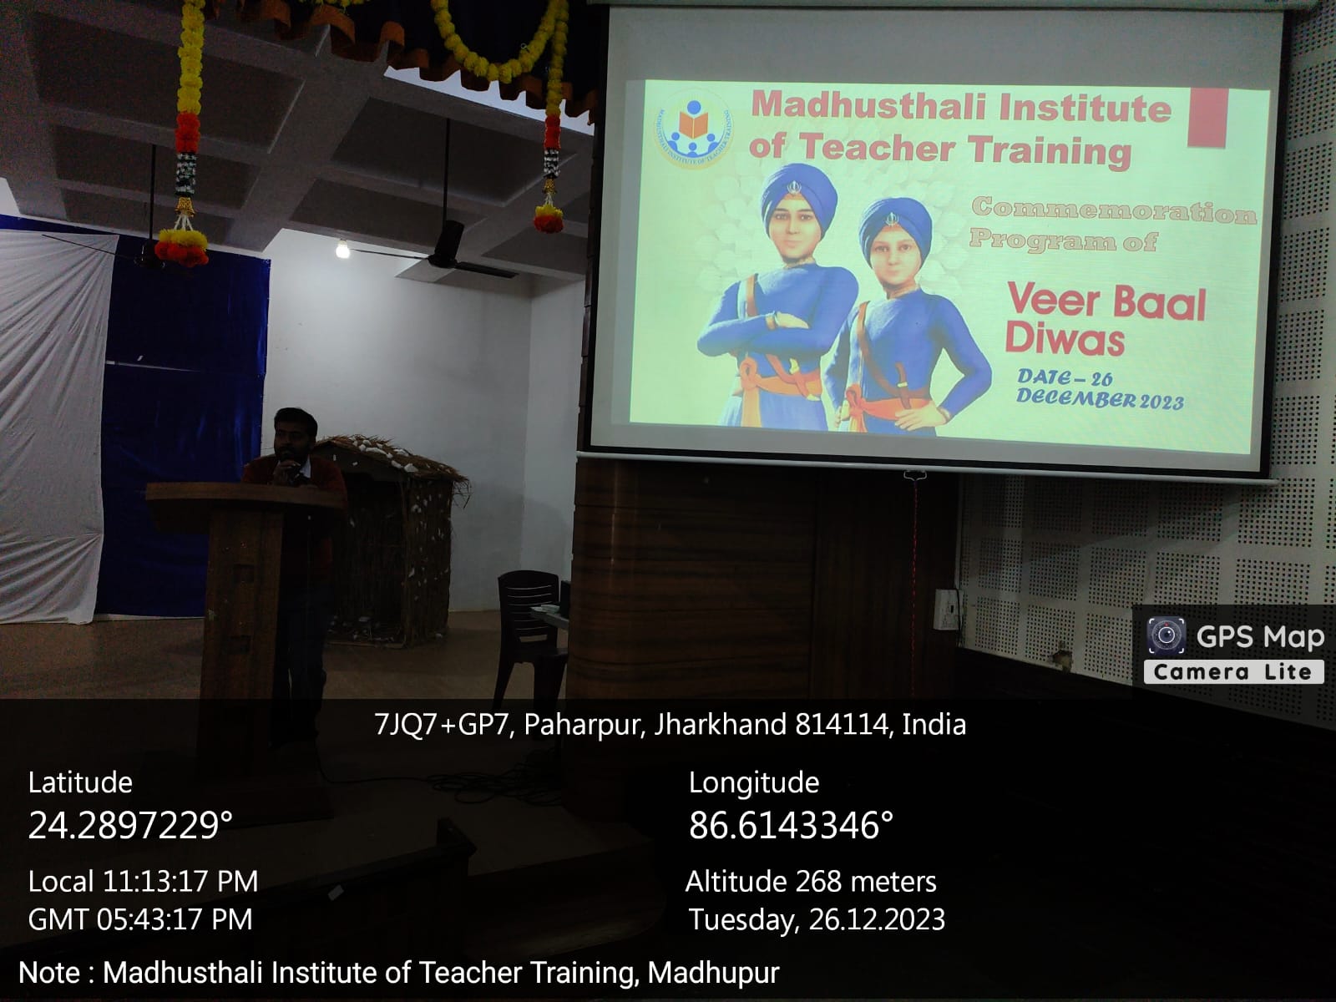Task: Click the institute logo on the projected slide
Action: [x=693, y=129]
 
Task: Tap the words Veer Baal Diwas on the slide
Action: [x=1106, y=320]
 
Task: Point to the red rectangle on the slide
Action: [x=1207, y=118]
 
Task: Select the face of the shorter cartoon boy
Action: [x=893, y=255]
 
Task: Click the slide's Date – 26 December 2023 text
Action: [x=1100, y=389]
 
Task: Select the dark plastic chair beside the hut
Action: [x=530, y=633]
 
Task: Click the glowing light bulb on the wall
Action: [x=342, y=249]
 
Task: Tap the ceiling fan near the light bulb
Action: [x=448, y=250]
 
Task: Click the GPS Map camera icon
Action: [x=1166, y=635]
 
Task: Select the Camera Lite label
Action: [x=1233, y=672]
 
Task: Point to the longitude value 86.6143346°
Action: [x=792, y=826]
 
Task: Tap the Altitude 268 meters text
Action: [x=812, y=882]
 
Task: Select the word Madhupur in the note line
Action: [x=713, y=972]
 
